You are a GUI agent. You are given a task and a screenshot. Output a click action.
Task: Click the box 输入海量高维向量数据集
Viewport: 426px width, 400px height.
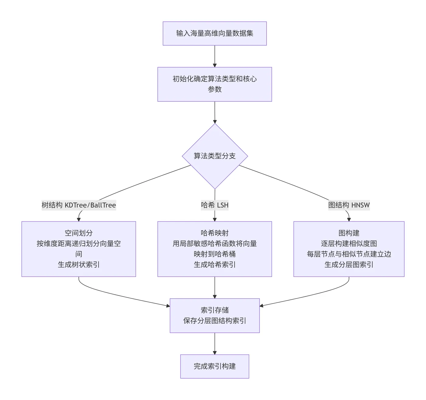click(x=215, y=33)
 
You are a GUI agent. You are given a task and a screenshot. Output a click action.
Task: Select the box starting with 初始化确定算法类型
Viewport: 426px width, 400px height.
click(x=215, y=84)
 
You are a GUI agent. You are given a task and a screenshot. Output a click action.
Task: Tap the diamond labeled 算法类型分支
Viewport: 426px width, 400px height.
click(x=215, y=156)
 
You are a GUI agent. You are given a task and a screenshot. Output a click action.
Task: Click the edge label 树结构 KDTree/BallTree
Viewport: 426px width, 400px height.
click(x=79, y=205)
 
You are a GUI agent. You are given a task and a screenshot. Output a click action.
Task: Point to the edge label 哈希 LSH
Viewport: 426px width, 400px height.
click(x=215, y=205)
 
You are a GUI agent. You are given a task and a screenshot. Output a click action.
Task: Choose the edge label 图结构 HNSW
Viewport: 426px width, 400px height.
click(x=349, y=205)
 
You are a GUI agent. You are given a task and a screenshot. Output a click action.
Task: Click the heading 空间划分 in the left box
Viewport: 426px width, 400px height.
click(x=79, y=233)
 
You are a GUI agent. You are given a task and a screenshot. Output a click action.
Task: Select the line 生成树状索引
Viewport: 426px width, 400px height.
click(x=79, y=265)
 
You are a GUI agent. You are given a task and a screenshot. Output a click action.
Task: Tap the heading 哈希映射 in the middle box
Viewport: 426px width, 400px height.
click(x=215, y=233)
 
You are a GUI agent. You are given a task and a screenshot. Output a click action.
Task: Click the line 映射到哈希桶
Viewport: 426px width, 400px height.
click(x=215, y=254)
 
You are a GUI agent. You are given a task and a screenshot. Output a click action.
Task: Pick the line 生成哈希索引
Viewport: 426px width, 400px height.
click(x=215, y=265)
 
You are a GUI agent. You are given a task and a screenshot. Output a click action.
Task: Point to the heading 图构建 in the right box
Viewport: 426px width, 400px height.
click(x=349, y=233)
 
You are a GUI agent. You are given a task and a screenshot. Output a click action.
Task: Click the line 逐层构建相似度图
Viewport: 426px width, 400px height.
click(x=349, y=244)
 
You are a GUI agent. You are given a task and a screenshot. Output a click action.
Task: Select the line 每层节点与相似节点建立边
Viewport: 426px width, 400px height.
click(x=349, y=254)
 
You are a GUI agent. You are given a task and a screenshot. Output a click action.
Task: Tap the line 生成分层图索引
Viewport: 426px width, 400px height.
click(x=349, y=265)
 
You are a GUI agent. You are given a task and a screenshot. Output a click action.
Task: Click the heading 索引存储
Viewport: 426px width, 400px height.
click(x=215, y=310)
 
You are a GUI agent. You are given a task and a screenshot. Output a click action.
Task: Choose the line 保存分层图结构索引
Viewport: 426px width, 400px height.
click(x=215, y=321)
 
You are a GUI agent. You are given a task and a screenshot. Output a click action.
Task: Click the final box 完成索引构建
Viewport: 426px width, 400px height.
click(x=215, y=366)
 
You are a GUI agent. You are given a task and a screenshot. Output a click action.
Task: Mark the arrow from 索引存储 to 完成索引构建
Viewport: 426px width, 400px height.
click(x=215, y=343)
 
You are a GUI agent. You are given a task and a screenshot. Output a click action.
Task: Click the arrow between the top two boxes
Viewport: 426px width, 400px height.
click(x=215, y=56)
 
